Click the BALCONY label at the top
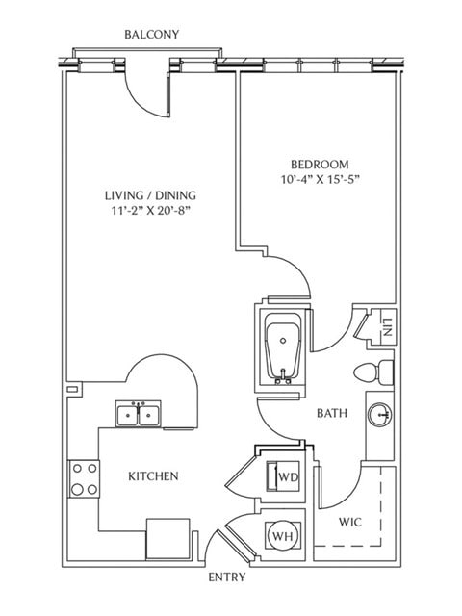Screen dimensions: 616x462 coord(151,35)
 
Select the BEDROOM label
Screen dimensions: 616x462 coord(319,164)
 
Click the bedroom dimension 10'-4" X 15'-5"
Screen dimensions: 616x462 coord(319,180)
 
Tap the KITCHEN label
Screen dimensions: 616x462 coord(153,476)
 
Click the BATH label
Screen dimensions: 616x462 coord(332,414)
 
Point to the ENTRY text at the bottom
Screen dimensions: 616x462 coord(227,578)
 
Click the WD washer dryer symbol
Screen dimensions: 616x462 coord(286,476)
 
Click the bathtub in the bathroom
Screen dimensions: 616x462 coord(283,349)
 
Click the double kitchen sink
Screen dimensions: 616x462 coord(139,415)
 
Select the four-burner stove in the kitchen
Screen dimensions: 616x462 coord(84,478)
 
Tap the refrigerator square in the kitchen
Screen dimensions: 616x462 coord(167,536)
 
